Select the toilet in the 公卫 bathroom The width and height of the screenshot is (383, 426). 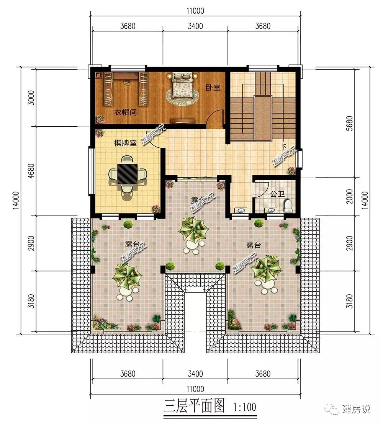click(x=288, y=206)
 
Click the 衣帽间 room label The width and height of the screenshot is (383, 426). click(x=125, y=112)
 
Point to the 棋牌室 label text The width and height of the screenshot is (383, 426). click(x=125, y=143)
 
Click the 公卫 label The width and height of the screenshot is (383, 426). click(x=277, y=194)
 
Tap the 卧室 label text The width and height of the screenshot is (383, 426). click(x=213, y=88)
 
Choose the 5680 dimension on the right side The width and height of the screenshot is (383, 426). click(x=350, y=123)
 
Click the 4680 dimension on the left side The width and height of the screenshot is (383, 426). click(x=31, y=171)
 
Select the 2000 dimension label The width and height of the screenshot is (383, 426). click(x=350, y=196)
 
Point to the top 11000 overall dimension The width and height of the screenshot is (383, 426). click(x=195, y=11)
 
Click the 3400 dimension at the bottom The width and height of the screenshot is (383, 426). click(x=195, y=374)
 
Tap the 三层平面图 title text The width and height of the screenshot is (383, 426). click(x=194, y=406)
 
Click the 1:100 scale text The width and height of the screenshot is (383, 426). click(x=245, y=407)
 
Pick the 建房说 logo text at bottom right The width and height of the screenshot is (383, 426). click(x=356, y=409)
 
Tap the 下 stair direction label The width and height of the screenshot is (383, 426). click(x=284, y=147)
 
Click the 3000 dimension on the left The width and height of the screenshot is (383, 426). click(x=31, y=98)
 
